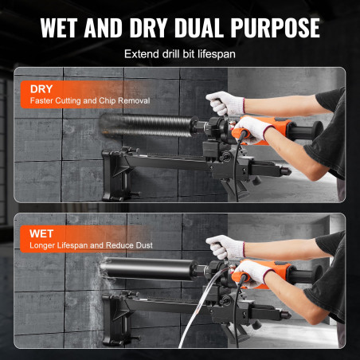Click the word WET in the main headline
59,28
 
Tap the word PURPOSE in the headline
275,28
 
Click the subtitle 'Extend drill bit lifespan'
180,54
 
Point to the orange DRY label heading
41,89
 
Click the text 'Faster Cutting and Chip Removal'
90,101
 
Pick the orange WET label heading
41,233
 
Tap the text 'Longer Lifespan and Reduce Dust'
91,245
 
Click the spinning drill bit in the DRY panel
146,125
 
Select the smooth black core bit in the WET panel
149,268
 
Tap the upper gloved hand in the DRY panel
225,104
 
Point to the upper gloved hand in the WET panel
225,248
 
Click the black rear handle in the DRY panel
305,131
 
